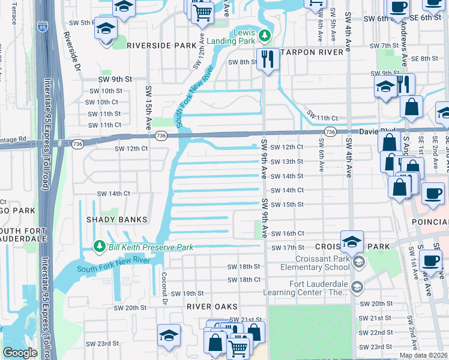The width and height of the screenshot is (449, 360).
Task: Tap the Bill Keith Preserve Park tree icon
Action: [100, 247]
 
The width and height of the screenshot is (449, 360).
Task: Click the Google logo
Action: [19, 353]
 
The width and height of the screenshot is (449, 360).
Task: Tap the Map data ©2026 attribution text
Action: [423, 355]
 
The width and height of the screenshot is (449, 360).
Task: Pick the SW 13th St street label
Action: [286, 161]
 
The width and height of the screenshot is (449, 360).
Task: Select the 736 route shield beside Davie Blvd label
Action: [330, 131]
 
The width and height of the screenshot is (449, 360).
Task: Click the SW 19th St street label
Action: [187, 293]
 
